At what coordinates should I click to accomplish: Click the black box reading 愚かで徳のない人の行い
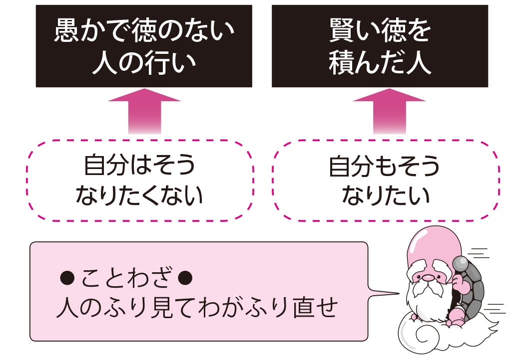coord(144,46)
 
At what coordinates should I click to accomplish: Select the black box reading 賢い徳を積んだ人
coord(380,46)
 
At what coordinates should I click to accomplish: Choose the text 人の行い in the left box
coord(143,64)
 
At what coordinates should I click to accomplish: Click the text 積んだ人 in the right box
coord(380,64)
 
